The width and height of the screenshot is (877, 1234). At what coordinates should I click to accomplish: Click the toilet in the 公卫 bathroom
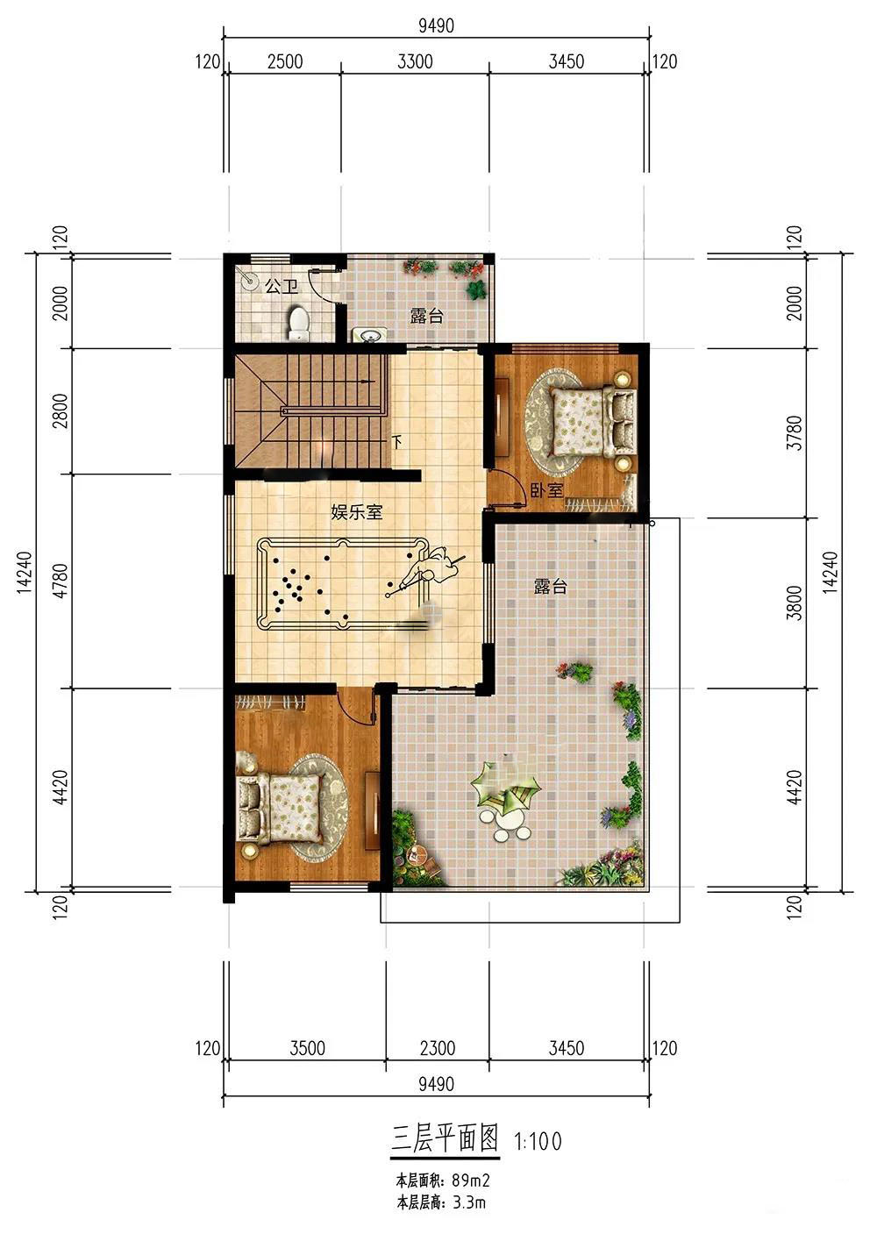298,324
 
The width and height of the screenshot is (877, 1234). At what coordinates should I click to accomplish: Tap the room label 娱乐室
356,512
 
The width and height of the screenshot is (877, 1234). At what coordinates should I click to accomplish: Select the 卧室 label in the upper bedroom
546,489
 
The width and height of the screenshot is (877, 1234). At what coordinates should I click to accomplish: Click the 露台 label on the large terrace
551,586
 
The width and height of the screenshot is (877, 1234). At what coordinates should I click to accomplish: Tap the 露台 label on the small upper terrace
426,316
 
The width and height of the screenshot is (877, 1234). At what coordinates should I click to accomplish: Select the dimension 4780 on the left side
61,580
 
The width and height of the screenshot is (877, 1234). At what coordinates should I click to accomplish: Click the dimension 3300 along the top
415,61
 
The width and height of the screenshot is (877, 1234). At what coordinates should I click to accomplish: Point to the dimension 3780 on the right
795,432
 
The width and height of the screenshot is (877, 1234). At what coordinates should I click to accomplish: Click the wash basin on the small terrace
369,334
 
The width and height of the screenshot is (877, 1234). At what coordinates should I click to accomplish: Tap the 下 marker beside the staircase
397,442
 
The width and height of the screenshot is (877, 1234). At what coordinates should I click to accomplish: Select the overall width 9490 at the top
436,25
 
